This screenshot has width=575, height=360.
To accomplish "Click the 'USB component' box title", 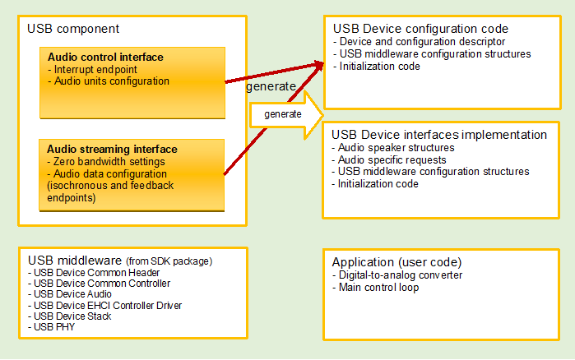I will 74,29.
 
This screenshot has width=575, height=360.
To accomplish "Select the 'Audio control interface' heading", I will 105,58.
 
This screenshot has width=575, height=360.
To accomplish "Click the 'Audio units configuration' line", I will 109,81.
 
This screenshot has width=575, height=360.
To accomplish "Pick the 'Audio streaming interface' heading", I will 112,150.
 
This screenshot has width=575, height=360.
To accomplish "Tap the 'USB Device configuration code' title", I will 420,29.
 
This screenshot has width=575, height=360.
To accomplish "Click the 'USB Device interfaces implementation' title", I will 439,134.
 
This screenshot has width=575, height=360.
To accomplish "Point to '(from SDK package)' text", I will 169,261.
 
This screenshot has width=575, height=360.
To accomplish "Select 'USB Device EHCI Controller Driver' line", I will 104,305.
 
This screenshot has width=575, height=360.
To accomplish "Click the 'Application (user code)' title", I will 397,261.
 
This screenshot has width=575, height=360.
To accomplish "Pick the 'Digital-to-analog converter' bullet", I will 397,275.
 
